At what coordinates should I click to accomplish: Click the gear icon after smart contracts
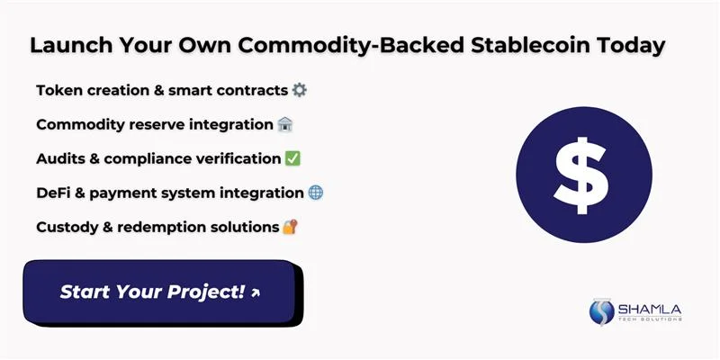click(300, 90)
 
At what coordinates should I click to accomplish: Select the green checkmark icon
click(292, 158)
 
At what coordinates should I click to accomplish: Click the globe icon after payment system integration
click(315, 193)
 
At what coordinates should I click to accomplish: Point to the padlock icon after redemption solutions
click(289, 227)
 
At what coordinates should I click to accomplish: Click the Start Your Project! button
click(160, 292)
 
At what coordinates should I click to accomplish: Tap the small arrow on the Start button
click(256, 293)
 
